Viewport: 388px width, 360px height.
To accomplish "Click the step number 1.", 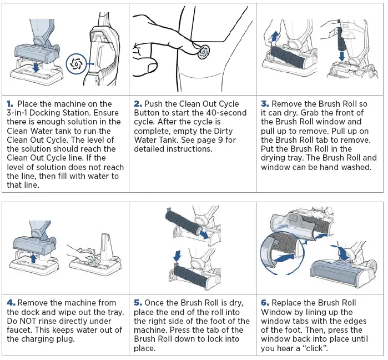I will [9, 104].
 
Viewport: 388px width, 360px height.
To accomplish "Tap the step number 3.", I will [265, 104].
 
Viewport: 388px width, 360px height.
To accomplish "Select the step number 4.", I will [11, 303].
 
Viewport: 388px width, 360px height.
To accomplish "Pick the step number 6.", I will [265, 303].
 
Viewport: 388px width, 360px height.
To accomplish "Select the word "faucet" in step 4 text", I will [19, 329].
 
